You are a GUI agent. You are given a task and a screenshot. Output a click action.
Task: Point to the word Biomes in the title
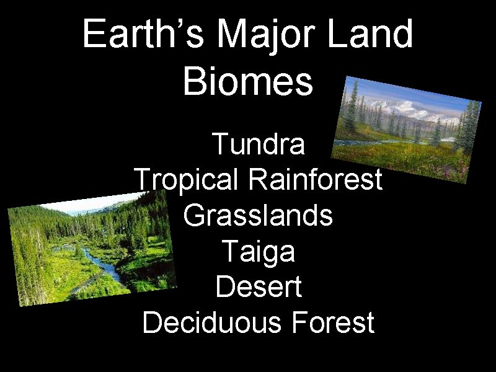click(x=248, y=82)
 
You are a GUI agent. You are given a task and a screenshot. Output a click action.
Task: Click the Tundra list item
click(x=258, y=144)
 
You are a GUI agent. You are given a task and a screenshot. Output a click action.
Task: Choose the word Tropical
click(x=186, y=180)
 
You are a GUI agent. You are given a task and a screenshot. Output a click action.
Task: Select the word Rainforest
click(x=314, y=180)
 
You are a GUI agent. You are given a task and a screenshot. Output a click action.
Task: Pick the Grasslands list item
click(x=258, y=216)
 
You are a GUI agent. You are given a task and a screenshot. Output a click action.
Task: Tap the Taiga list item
click(x=258, y=252)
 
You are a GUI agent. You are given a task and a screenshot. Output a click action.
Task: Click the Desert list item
click(x=258, y=287)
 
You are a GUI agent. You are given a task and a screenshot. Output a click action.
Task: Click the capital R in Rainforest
click(x=255, y=180)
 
